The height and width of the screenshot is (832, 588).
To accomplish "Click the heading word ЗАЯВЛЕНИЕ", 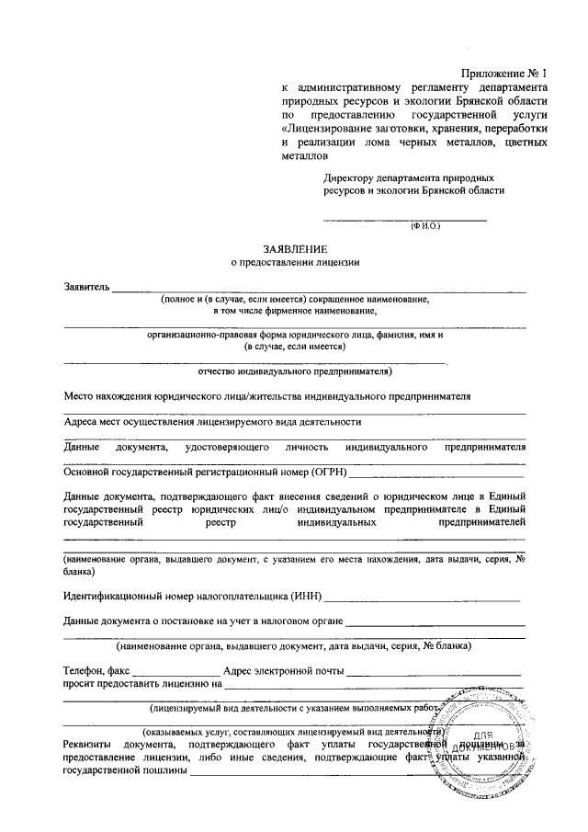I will click(x=294, y=249).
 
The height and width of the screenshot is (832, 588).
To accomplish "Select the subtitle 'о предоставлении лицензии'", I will click(x=294, y=262).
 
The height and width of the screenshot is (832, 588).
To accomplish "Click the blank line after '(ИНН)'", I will click(x=422, y=600).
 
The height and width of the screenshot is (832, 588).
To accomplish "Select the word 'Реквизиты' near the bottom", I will click(x=89, y=744).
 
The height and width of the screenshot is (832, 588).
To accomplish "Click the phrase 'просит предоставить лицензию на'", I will click(x=141, y=684).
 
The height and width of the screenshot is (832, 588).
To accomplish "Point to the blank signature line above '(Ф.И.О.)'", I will click(x=403, y=219).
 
